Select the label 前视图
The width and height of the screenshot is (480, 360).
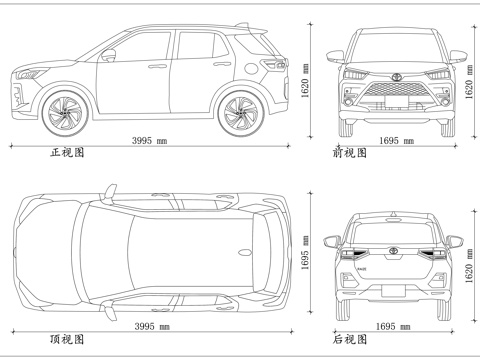point(350,153)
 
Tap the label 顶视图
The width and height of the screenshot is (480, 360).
point(67,340)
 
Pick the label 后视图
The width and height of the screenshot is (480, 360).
point(350,340)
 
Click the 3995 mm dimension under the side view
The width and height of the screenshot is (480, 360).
point(150,141)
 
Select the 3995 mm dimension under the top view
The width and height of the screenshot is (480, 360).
point(150,326)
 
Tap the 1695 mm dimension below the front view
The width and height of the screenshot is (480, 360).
point(396,141)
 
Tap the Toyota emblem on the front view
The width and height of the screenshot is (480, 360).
point(394,77)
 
